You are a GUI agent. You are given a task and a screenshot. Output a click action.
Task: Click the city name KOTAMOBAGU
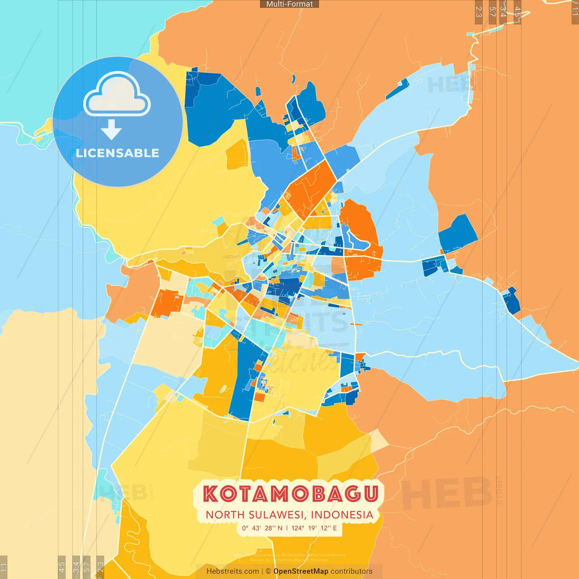click(290, 494)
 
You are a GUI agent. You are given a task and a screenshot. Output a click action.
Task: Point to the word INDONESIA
click(342, 515)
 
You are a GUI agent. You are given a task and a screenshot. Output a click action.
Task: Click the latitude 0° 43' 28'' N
click(262, 528)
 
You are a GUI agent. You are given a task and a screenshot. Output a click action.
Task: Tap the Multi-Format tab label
click(289, 4)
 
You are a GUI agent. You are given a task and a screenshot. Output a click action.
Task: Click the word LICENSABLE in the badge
click(118, 153)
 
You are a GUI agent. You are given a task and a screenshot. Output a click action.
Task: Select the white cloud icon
click(117, 95)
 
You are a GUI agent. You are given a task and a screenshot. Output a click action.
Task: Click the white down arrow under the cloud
click(111, 129)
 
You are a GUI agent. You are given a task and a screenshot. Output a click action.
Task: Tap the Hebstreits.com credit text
click(233, 571)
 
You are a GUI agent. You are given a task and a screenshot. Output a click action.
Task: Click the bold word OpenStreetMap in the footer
click(301, 571)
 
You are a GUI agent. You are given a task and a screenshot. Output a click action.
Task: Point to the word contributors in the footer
click(351, 571)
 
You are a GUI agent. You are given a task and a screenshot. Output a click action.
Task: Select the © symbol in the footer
click(268, 571)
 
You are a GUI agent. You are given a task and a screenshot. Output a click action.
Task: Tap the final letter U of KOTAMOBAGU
click(370, 494)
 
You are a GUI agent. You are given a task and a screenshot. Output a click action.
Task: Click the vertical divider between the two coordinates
click(287, 528)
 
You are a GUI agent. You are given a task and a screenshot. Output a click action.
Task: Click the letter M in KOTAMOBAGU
click(279, 494)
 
